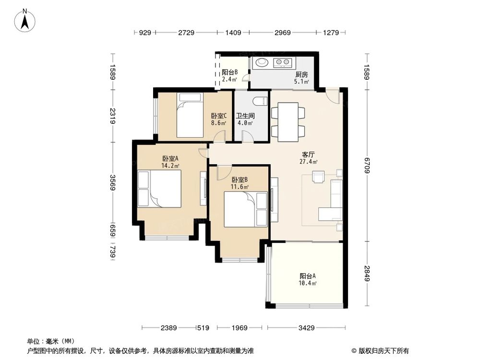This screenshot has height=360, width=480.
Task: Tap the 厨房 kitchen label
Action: [x=301, y=74]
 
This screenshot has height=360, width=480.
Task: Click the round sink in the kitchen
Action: [x=262, y=62]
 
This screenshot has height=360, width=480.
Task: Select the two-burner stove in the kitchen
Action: [x=282, y=62]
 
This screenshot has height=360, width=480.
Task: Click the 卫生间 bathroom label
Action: [x=245, y=116]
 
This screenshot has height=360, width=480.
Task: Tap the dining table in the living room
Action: [x=288, y=122]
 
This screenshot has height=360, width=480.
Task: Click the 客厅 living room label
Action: [x=308, y=155]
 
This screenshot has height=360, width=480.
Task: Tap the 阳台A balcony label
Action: [x=308, y=276]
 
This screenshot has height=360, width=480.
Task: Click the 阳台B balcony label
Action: [x=229, y=72]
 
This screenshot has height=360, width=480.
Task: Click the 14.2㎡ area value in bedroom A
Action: [x=170, y=166]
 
